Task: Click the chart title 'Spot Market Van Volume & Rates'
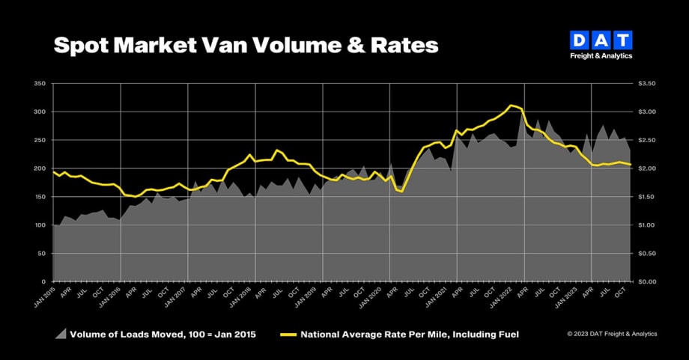click(245, 45)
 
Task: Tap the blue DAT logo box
click(601, 40)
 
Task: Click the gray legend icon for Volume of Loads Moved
click(59, 334)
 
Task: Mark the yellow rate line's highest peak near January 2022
click(511, 106)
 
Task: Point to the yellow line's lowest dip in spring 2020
click(402, 192)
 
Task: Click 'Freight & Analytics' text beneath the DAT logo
click(601, 55)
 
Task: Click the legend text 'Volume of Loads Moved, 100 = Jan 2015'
click(163, 335)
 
